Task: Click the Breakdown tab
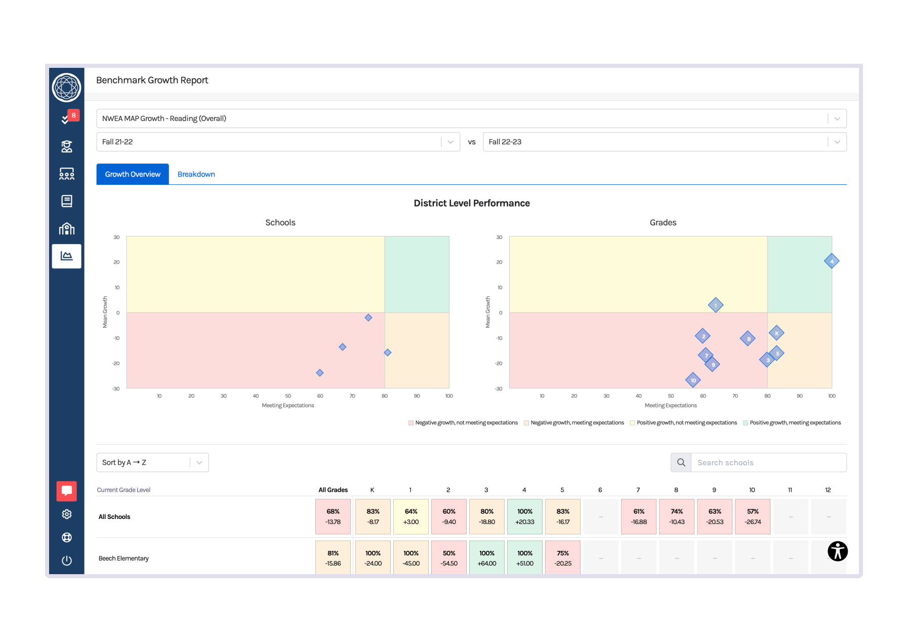click(196, 174)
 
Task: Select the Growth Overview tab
click(133, 174)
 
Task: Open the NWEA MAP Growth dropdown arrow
click(837, 118)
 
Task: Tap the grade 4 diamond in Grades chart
click(831, 261)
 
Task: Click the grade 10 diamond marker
click(693, 380)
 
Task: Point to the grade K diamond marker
click(776, 333)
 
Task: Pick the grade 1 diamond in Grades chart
click(715, 305)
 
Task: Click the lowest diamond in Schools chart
click(319, 373)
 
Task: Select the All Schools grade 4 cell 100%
click(524, 516)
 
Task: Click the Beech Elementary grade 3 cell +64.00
click(486, 558)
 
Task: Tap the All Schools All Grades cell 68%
click(333, 516)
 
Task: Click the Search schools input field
click(768, 462)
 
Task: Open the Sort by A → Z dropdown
click(152, 462)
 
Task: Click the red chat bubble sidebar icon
click(66, 491)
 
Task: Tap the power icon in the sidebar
click(66, 560)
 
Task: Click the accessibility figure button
click(837, 551)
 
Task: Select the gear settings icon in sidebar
click(66, 514)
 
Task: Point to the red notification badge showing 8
click(74, 115)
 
